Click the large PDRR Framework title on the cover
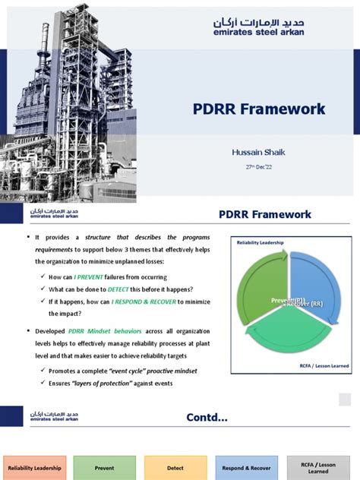(258, 109)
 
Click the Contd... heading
(207, 417)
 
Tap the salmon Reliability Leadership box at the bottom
(35, 468)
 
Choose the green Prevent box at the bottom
(104, 468)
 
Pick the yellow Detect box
(175, 468)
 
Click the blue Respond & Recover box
(245, 468)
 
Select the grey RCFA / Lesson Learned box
(318, 468)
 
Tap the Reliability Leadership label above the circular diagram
(261, 243)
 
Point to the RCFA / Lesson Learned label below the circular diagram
(323, 365)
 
